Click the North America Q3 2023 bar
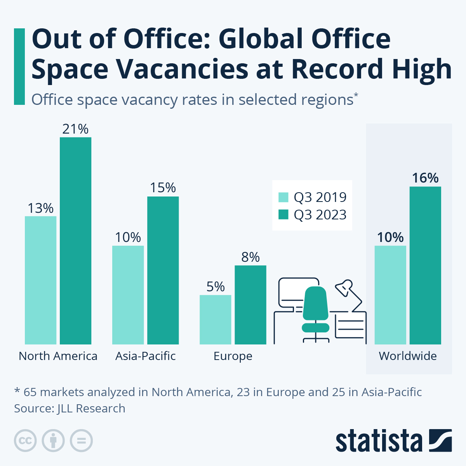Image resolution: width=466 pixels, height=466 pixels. click(75, 241)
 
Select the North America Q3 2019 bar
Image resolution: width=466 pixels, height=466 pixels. click(40, 280)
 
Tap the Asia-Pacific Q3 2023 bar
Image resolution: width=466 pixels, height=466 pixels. click(163, 270)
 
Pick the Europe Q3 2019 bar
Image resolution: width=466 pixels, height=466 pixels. click(215, 320)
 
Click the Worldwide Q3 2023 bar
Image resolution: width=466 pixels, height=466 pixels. click(425, 265)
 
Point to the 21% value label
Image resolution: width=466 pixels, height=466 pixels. click(75, 129)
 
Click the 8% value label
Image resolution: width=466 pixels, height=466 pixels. click(250, 257)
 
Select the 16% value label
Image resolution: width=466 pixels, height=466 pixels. click(425, 178)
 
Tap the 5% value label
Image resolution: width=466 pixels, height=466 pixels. click(215, 287)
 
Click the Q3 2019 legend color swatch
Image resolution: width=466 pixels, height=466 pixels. click(283, 197)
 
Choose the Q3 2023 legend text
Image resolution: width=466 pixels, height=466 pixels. click(320, 215)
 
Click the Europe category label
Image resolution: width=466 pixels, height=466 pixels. click(233, 356)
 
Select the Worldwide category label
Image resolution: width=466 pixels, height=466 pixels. click(408, 356)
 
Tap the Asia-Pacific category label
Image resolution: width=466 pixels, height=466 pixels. click(145, 356)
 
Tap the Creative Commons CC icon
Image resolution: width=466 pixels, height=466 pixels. click(25, 441)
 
